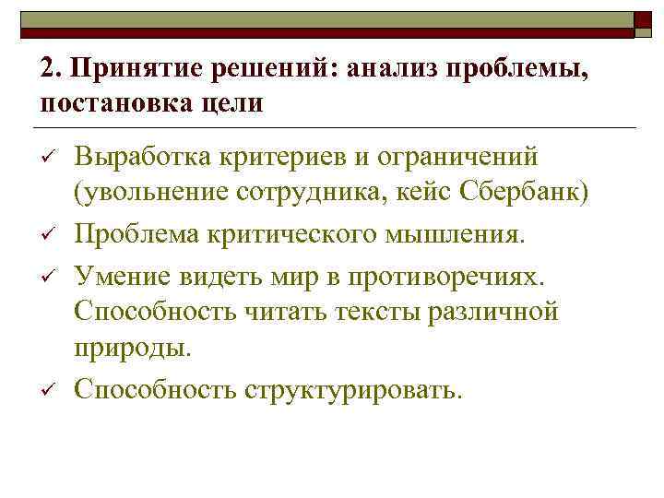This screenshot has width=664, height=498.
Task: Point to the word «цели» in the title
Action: click(229, 102)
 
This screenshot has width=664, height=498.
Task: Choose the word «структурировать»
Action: click(348, 389)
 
